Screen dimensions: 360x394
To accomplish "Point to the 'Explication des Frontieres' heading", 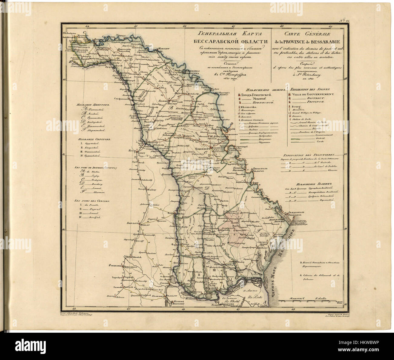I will pos(307,154).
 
